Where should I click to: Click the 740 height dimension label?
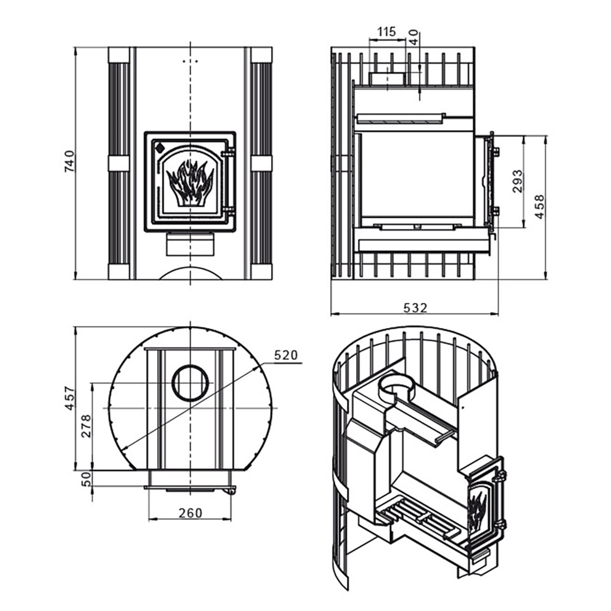tap(68, 161)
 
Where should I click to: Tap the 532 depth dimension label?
tap(415, 308)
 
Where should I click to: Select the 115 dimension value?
tap(387, 32)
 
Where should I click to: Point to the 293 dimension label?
tap(518, 181)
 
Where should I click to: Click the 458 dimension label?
tap(540, 207)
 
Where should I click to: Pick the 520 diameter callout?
tap(285, 355)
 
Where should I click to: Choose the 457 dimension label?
tap(70, 398)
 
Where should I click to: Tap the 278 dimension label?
tap(86, 426)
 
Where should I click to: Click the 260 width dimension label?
tap(191, 513)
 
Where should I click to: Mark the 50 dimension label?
tap(86, 478)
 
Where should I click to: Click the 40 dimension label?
tap(414, 37)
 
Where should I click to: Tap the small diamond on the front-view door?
tap(159, 148)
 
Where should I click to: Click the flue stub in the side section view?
tap(387, 78)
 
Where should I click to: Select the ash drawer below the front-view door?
tap(190, 244)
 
